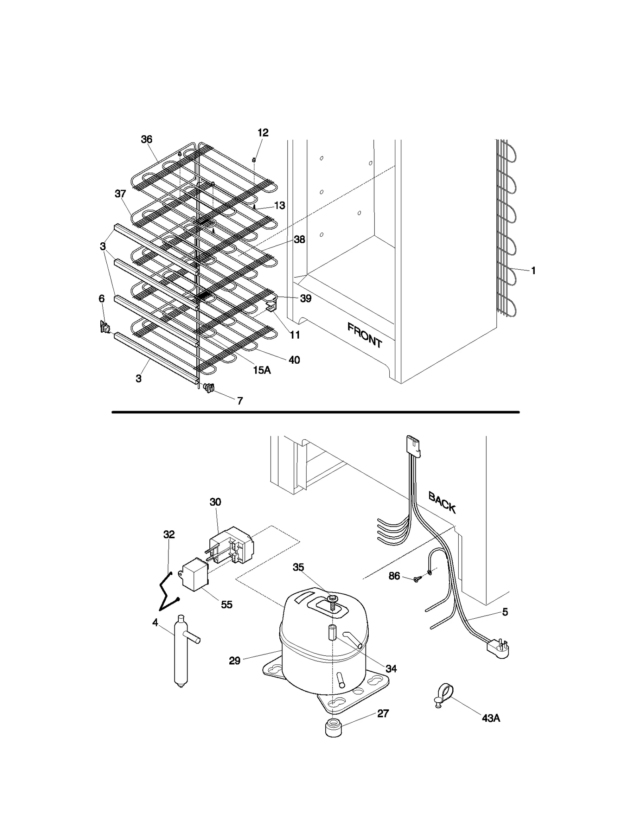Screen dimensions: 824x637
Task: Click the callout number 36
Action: (147, 139)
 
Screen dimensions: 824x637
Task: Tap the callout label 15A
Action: (262, 370)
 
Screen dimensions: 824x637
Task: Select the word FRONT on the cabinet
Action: (365, 335)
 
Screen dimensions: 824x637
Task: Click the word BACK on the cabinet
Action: (442, 502)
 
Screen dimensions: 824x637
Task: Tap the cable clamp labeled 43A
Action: (443, 695)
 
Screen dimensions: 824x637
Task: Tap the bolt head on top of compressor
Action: (332, 598)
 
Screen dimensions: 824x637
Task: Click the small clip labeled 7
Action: (209, 387)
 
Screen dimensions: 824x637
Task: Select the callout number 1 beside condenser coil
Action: (533, 271)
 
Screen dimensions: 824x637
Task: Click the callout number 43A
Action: (490, 718)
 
